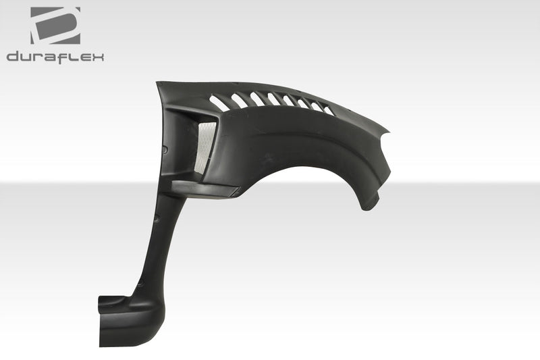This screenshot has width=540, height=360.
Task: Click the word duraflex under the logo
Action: pyautogui.click(x=55, y=57)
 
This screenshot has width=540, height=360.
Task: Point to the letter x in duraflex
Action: pyautogui.click(x=99, y=57)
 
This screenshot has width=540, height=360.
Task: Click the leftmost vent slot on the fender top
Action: pyautogui.click(x=219, y=103)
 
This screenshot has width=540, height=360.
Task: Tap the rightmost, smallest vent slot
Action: pyautogui.click(x=327, y=110)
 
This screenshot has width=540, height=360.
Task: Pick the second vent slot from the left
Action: pyautogui.click(x=238, y=100)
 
